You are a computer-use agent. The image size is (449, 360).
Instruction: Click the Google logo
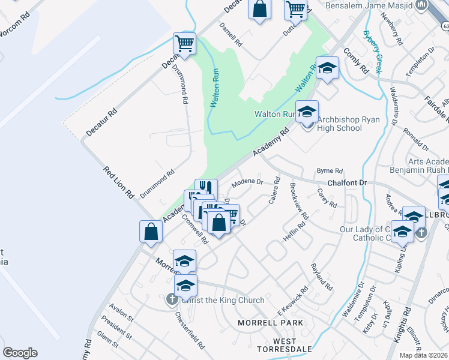[20, 353]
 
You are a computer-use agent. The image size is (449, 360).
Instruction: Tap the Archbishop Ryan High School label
[340, 124]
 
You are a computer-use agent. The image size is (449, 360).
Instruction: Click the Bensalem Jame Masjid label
[369, 7]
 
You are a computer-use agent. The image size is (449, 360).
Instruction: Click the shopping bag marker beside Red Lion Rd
[151, 231]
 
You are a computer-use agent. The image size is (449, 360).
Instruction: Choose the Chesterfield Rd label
[188, 331]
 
